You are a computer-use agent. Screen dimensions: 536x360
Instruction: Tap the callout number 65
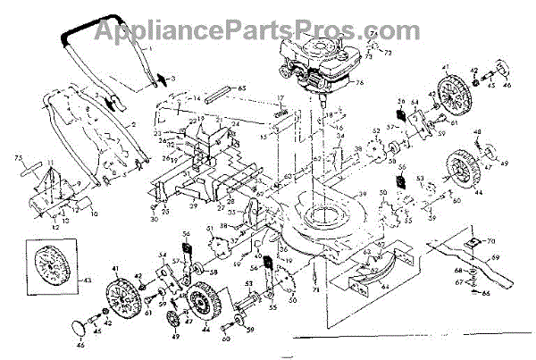click(x=240, y=88)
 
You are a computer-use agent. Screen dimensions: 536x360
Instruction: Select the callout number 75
click(x=18, y=158)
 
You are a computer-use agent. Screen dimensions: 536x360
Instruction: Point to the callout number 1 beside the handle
click(x=150, y=45)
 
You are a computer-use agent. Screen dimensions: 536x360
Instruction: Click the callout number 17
click(x=280, y=97)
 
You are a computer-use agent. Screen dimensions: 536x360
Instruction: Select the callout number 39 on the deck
click(x=362, y=195)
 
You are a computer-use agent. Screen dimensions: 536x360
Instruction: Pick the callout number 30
click(x=154, y=219)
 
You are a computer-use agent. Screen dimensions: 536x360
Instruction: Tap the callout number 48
click(x=480, y=135)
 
